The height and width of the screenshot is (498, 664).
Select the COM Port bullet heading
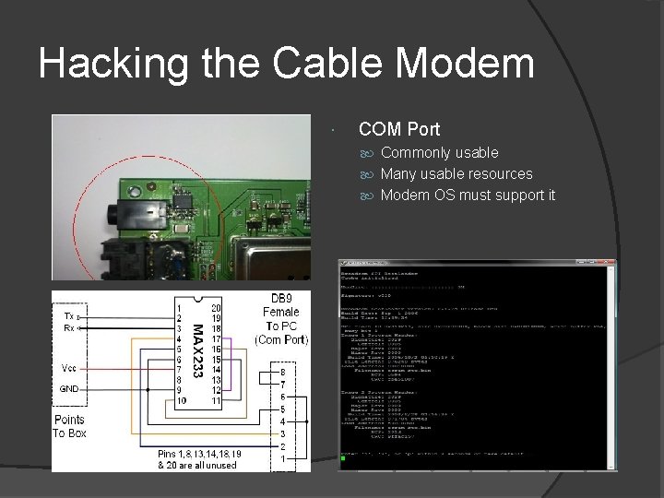click(x=398, y=129)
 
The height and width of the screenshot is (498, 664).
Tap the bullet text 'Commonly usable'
click(x=439, y=152)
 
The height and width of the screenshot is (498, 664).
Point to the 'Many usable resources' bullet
click(x=456, y=173)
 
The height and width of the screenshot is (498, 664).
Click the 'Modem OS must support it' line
click(x=468, y=195)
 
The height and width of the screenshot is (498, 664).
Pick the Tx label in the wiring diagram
click(x=68, y=316)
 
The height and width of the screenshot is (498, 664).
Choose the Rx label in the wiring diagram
click(x=68, y=328)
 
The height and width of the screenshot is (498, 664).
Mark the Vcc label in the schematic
click(x=68, y=367)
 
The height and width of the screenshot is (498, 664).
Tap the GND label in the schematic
click(x=69, y=389)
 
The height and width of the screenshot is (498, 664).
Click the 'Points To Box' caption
click(x=69, y=426)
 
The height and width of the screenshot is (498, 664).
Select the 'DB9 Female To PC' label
click(x=282, y=319)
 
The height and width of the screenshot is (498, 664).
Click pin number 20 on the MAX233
click(x=216, y=308)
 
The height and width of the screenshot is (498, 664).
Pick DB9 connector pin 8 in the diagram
click(x=282, y=373)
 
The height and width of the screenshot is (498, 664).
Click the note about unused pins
click(x=196, y=459)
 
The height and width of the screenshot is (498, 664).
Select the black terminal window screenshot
click(x=477, y=364)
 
